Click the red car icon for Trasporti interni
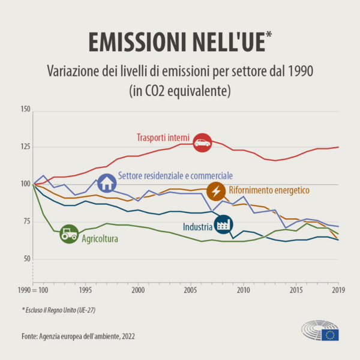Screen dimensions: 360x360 click(x=202, y=142)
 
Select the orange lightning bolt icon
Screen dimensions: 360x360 click(x=215, y=191)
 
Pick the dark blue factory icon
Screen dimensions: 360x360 click(x=223, y=226)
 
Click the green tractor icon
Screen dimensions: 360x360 click(x=69, y=234)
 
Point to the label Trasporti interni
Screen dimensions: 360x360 click(x=163, y=137)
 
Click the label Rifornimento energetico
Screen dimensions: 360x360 click(x=269, y=191)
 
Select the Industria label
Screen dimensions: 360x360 click(x=197, y=227)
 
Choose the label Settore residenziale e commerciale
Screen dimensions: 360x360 click(x=175, y=176)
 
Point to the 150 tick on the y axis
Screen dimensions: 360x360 click(x=25, y=110)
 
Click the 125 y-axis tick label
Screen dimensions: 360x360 click(x=25, y=147)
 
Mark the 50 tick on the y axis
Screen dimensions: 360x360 click(x=26, y=259)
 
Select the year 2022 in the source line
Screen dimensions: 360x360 click(x=127, y=337)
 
